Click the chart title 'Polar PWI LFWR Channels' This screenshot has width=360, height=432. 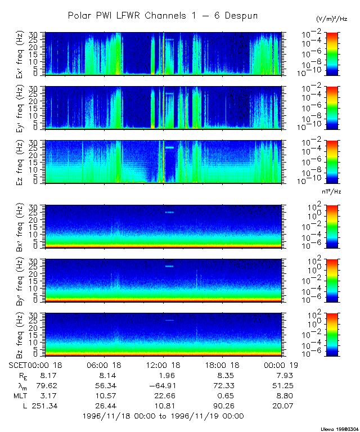coord(163,16)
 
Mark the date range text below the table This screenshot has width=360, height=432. coord(163,416)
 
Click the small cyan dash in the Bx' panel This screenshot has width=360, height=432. coord(170,212)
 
